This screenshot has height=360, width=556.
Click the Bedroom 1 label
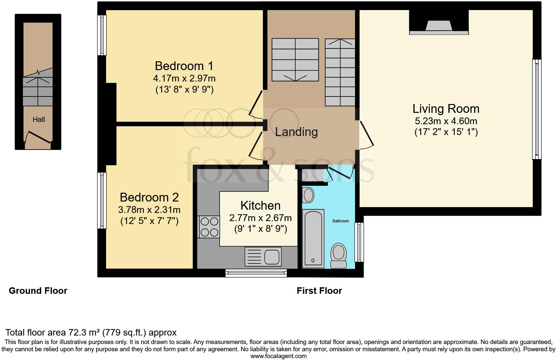click(184, 66)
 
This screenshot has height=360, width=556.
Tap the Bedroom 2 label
click(149, 197)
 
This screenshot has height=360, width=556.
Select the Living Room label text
click(446, 109)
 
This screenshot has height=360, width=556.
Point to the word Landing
click(296, 132)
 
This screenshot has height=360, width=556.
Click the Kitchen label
click(260, 205)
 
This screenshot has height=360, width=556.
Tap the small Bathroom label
click(341, 221)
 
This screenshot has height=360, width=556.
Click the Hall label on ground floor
click(39, 120)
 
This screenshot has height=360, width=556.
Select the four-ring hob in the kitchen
click(209, 227)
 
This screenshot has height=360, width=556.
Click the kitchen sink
click(271, 257)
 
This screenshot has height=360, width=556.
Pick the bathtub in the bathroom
click(313, 238)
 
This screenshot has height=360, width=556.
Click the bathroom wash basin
click(308, 195)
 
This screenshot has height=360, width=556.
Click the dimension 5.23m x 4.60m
click(446, 121)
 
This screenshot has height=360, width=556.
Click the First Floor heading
click(319, 291)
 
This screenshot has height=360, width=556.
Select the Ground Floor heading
click(38, 291)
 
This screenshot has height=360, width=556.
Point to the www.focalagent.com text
click(278, 356)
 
